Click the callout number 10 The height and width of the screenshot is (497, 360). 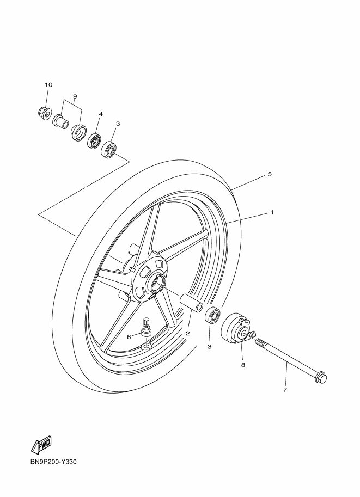48,84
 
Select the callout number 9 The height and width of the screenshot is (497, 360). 75,96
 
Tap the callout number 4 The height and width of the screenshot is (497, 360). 101,113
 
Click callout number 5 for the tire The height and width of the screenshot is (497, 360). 270,174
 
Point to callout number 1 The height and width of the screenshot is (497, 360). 272,212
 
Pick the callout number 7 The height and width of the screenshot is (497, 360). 285,390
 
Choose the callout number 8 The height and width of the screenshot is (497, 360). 243,365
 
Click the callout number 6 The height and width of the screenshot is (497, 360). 129,336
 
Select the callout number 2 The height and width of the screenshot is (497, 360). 188,333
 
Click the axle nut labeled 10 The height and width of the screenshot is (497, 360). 43,113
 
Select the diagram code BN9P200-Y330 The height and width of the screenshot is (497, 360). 53,462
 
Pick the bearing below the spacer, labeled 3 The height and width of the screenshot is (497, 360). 213,315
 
